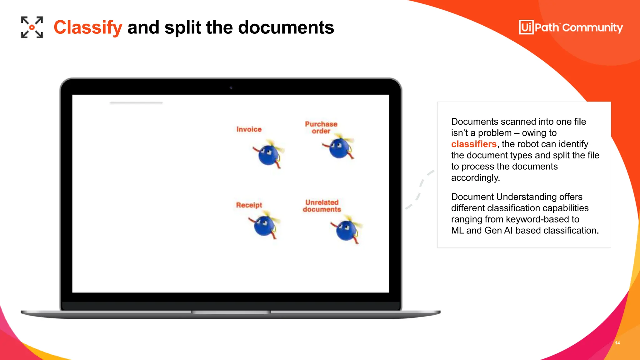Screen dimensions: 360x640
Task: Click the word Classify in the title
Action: (88, 27)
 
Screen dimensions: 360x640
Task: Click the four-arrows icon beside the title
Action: (32, 27)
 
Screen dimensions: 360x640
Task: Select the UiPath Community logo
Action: (571, 27)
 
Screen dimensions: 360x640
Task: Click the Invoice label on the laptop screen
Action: (249, 129)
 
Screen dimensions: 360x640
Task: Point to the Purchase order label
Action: (321, 127)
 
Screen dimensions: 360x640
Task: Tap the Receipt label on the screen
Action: (249, 205)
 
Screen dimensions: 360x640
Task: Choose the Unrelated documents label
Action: (322, 206)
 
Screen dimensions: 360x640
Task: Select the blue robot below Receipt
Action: (264, 226)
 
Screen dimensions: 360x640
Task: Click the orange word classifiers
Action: (474, 144)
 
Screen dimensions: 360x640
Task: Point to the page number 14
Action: (617, 343)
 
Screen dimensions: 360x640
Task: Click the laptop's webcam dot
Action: (231, 88)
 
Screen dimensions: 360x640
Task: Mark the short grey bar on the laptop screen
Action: (136, 102)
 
